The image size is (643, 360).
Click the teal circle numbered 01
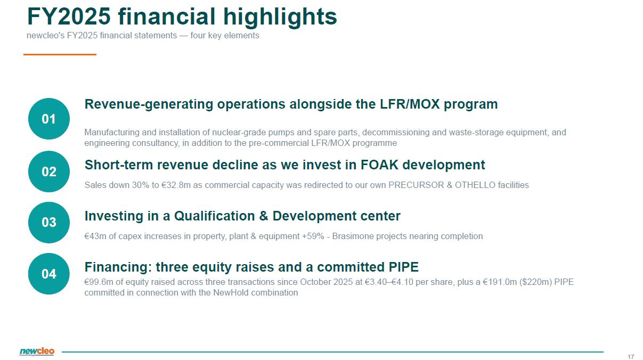click(49, 119)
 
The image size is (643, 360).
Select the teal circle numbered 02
click(49, 171)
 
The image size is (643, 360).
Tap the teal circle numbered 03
click(49, 223)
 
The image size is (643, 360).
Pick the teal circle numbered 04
click(49, 274)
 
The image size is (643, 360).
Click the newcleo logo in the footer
click(37, 351)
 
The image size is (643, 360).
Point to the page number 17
click(631, 357)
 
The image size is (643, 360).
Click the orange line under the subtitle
click(60, 54)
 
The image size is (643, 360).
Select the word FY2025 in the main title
click(69, 17)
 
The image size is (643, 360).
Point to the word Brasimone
click(353, 236)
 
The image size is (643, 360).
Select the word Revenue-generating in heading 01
click(149, 104)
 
